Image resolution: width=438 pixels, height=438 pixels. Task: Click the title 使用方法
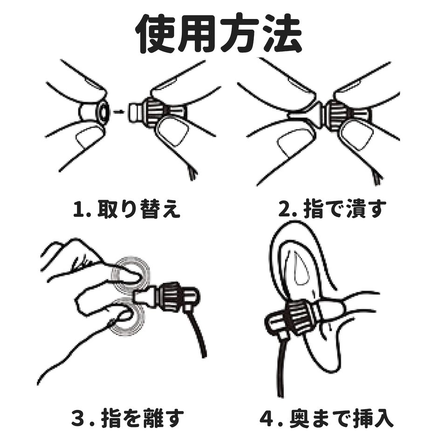(x=219, y=34)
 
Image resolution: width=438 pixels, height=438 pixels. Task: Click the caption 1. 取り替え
(x=126, y=210)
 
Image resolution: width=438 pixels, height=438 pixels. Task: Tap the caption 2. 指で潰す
(x=332, y=210)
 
